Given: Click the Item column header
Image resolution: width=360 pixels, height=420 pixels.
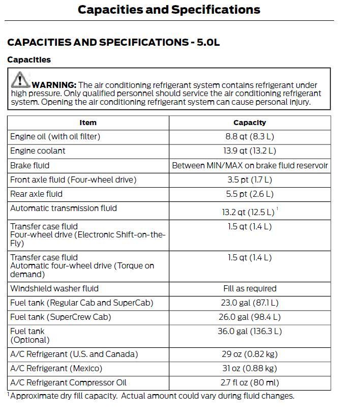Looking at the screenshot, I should pyautogui.click(x=88, y=123).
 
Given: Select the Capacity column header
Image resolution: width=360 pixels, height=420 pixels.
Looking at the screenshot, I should pyautogui.click(x=250, y=123).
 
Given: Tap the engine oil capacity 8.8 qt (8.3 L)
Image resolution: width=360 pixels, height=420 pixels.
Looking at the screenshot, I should pyautogui.click(x=250, y=137).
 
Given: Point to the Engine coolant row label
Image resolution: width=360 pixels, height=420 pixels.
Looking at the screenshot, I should pyautogui.click(x=38, y=151).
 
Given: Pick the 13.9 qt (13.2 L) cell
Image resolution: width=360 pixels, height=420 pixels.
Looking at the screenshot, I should pyautogui.click(x=250, y=151).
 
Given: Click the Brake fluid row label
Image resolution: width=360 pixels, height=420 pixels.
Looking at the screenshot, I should pyautogui.click(x=30, y=165).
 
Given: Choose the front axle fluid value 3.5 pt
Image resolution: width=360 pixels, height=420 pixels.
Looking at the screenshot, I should pyautogui.click(x=250, y=179).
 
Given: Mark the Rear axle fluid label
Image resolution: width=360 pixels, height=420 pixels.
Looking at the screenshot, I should pyautogui.click(x=36, y=194).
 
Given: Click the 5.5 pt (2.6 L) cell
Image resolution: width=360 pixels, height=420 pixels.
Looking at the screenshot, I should pyautogui.click(x=250, y=194).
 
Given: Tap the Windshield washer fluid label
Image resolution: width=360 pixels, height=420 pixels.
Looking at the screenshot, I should pyautogui.click(x=54, y=288).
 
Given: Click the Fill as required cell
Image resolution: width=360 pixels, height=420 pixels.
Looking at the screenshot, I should pyautogui.click(x=250, y=288).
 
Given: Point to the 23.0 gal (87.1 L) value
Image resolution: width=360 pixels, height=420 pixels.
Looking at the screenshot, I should pyautogui.click(x=250, y=303).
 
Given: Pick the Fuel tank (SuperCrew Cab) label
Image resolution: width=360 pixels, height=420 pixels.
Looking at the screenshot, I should pyautogui.click(x=61, y=317).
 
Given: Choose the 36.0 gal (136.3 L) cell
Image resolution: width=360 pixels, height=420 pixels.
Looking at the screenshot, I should pyautogui.click(x=250, y=331).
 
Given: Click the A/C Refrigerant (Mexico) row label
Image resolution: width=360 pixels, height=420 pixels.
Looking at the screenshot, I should pyautogui.click(x=56, y=368).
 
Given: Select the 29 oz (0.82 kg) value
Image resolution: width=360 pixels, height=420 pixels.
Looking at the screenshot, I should pyautogui.click(x=250, y=354).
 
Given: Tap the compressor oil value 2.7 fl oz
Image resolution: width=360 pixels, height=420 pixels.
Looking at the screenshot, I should pyautogui.click(x=250, y=382).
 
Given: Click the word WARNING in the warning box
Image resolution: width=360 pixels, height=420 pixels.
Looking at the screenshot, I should pyautogui.click(x=54, y=85).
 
